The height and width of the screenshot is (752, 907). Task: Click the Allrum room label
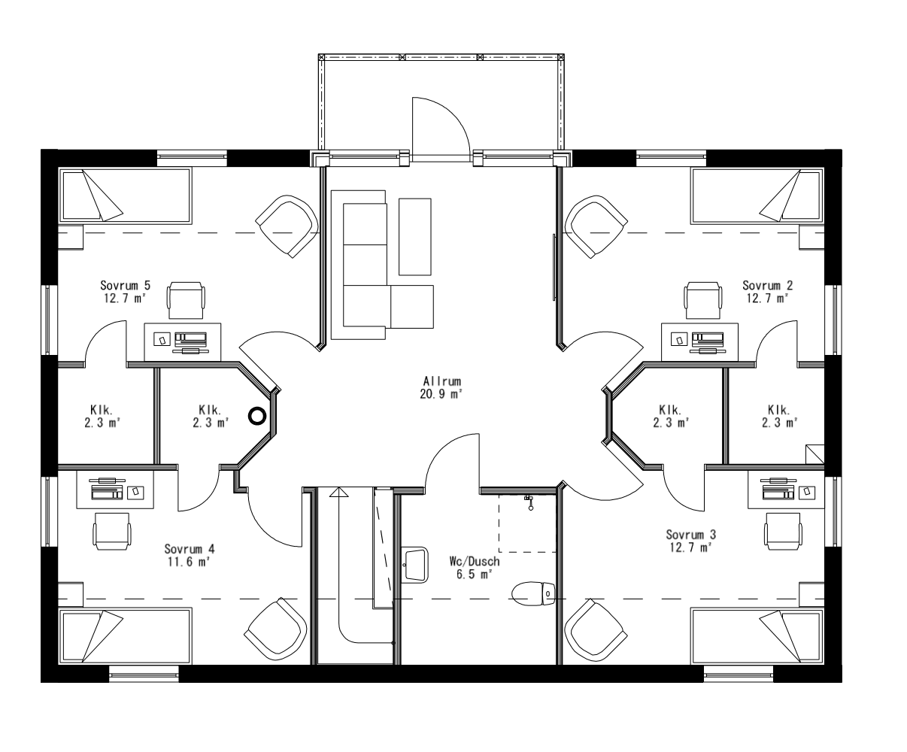[x=441, y=381]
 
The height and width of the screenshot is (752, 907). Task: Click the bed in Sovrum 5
[x=126, y=196]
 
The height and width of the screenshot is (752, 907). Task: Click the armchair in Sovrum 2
[x=596, y=226]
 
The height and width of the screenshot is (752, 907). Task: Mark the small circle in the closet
[x=257, y=415]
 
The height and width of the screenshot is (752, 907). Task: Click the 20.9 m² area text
[x=441, y=394]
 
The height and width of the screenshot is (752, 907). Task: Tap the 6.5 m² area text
[x=474, y=574]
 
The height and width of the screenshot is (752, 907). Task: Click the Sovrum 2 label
[x=767, y=286]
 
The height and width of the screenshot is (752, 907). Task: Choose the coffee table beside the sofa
[x=415, y=237]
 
